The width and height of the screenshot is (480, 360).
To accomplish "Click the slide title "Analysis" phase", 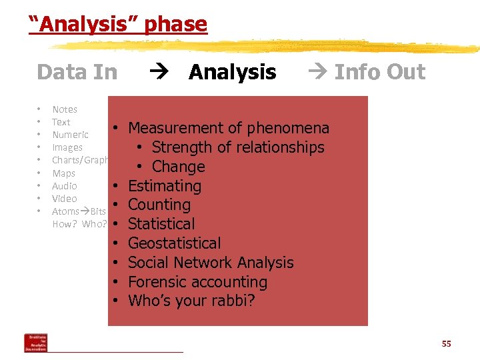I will point(118,25).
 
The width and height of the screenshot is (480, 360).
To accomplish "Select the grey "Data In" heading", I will point(77,72).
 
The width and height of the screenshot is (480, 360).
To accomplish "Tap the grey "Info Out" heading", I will point(379,72).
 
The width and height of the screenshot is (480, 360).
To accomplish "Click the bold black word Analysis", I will point(232,72).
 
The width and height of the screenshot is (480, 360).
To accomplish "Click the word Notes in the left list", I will point(65,109).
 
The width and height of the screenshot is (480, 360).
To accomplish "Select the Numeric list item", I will point(70,135).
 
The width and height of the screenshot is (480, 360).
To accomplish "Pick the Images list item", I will point(67,147).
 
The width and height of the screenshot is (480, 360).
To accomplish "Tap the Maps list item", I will point(63,173).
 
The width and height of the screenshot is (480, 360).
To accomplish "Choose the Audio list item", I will point(65,186).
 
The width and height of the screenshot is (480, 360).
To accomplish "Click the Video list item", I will point(65,199).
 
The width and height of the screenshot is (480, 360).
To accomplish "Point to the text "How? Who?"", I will point(79,224).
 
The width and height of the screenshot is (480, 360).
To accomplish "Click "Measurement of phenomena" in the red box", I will point(228,128).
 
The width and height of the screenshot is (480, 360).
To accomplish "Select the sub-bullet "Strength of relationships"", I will point(237,147).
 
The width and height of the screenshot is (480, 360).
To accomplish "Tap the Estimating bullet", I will point(164,186).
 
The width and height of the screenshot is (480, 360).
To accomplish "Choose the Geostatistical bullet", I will point(174,243).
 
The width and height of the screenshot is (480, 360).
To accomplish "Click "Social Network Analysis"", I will point(211,263).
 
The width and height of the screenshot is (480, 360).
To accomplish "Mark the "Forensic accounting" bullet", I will point(197,282).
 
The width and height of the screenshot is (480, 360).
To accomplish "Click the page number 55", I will point(446,343).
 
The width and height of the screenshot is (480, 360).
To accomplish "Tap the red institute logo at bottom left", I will point(35,343).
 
